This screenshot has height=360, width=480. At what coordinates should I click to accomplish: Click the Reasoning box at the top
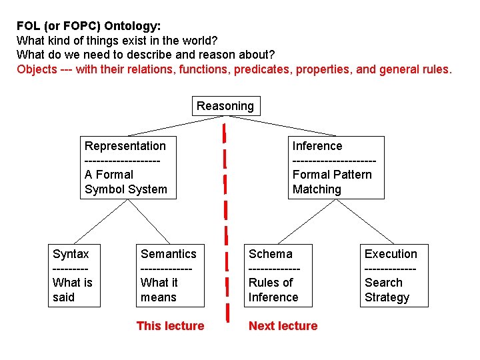225,106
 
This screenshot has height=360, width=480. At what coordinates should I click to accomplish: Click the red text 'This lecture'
170,326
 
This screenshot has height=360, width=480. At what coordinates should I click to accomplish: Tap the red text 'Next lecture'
283,326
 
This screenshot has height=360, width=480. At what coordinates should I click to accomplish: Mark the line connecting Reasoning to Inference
293,125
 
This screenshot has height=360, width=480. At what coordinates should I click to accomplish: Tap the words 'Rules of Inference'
273,290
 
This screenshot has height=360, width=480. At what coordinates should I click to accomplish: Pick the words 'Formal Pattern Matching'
332,182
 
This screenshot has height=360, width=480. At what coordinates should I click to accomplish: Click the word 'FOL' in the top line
27,27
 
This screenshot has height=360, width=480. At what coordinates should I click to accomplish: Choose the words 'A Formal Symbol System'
126,182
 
